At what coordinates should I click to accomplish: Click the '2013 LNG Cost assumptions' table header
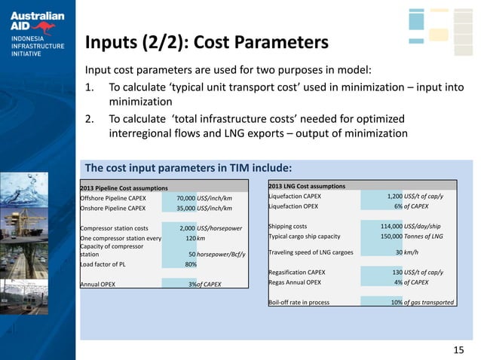(307, 185)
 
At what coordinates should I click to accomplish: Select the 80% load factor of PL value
(191, 264)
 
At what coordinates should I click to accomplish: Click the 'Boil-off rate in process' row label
(302, 302)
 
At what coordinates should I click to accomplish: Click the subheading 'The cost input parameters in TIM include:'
(188, 167)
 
